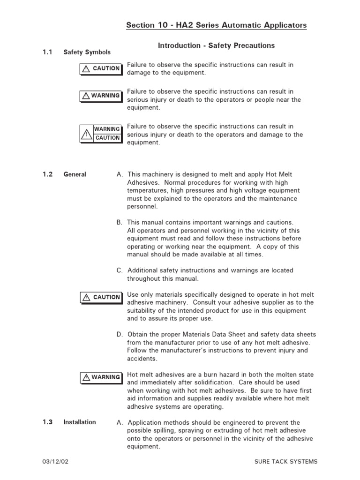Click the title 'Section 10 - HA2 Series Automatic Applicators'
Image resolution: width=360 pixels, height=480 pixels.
[x=216, y=25]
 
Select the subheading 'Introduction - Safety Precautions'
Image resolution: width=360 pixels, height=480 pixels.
[x=216, y=45]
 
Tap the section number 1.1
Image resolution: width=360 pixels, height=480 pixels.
[x=47, y=52]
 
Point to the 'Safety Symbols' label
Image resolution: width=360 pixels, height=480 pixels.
[x=87, y=52]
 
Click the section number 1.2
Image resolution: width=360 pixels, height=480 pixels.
[x=47, y=174]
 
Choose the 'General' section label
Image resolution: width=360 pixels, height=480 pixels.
[x=75, y=174]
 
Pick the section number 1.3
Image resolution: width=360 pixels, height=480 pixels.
[x=47, y=422]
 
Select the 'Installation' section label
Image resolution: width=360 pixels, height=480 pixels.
[x=80, y=422]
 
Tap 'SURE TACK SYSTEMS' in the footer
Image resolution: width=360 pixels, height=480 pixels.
[x=285, y=461]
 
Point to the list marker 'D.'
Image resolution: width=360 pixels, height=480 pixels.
[x=120, y=334]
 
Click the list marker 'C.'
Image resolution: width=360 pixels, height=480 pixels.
[x=120, y=270]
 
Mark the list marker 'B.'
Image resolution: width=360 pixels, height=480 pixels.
[x=120, y=222]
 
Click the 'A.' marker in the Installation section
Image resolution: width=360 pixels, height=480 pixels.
[x=120, y=422]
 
